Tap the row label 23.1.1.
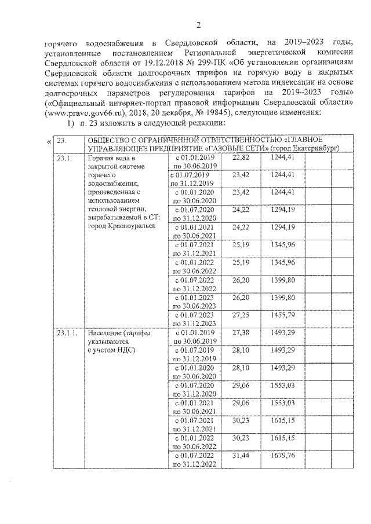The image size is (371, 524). coord(66,334)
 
